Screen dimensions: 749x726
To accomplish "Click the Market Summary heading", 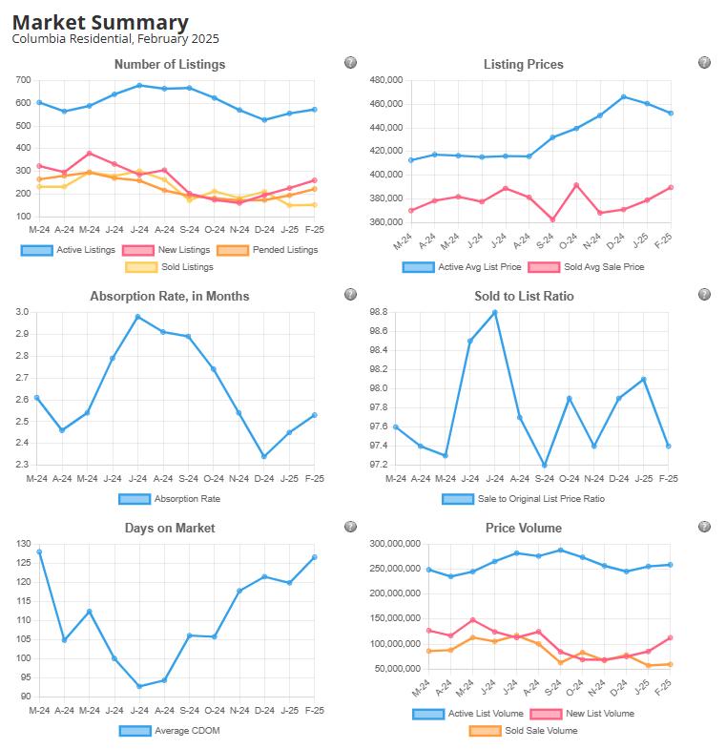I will pos(100,22).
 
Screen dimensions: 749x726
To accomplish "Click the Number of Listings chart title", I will pos(170,65).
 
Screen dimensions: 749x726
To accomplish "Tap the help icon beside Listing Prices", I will pos(704,63).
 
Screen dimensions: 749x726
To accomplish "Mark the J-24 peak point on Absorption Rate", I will pos(138,317).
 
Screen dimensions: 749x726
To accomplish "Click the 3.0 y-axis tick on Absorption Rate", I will pos(22,312).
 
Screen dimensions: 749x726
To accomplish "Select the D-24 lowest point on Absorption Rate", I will pos(264,456).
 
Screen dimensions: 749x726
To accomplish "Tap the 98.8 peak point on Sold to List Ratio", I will pos(494,312).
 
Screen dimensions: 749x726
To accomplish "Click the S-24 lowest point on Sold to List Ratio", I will pos(544,466).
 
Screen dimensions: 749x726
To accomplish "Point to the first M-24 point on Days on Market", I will pos(38,551).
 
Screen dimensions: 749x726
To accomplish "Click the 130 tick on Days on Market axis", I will pos(20,544).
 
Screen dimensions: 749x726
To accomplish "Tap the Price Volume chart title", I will pos(523,528).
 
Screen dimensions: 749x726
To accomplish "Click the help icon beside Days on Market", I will pos(350,527).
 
